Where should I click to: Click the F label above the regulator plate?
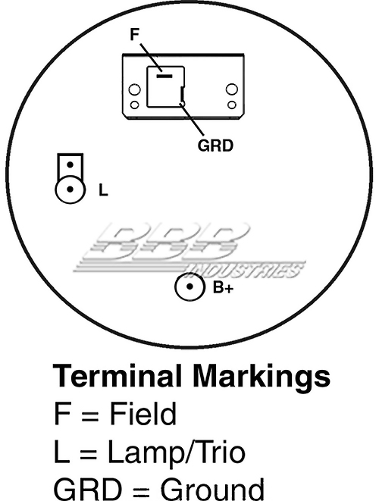pos(134,35)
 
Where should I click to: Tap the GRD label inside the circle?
pos(216,146)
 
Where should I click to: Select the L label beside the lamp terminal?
pos(103,190)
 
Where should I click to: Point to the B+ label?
pos(224,287)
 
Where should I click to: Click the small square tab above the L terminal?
pos(70,165)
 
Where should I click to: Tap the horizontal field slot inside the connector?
pos(164,76)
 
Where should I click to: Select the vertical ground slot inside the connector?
pos(181,94)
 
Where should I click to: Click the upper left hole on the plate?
pos(134,89)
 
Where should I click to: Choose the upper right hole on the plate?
pos(232,89)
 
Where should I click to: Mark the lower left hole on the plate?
pos(135,105)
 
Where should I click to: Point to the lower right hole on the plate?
pos(232,105)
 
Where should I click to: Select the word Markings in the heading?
pos(261,377)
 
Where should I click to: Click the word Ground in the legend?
pos(212,489)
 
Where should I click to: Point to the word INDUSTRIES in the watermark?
pos(246,271)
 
